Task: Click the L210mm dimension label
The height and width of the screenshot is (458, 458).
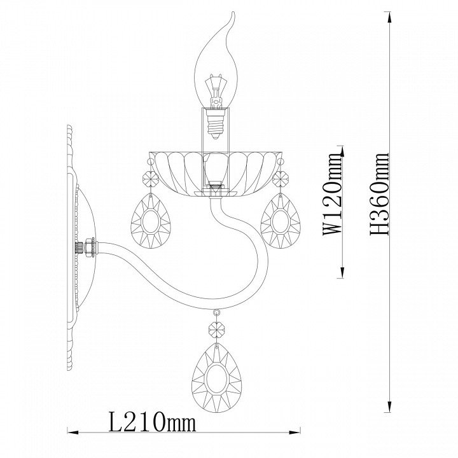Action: tap(152, 422)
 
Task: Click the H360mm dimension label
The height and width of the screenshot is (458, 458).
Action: tap(380, 193)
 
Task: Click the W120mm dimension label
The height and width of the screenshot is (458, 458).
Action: tap(332, 195)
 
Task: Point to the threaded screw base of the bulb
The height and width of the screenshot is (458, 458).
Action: tap(216, 124)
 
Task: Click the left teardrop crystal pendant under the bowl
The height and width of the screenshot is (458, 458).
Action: tap(151, 221)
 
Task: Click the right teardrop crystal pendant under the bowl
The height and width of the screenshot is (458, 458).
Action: tap(281, 221)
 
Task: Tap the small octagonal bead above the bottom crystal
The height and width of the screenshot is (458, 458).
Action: tap(216, 330)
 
